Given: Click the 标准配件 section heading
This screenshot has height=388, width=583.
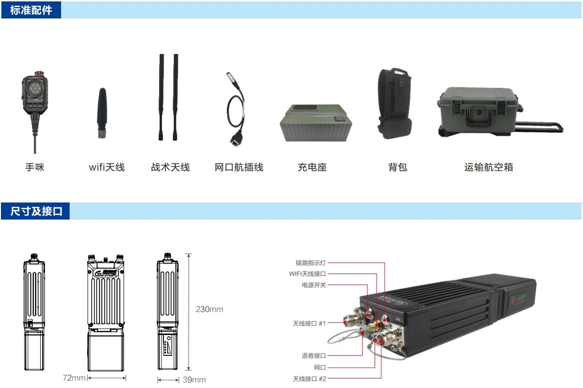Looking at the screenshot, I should [x=31, y=10].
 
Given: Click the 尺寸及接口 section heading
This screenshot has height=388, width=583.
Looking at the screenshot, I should [x=36, y=211].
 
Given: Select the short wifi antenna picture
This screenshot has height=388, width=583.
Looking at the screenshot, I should [x=101, y=112].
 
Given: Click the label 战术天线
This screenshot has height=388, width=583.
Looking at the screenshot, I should [x=171, y=167].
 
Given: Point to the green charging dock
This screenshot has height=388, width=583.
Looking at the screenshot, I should [x=315, y=123].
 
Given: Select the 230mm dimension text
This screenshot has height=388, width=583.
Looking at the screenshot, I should [x=209, y=309].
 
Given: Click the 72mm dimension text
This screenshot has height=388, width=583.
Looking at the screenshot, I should [x=74, y=378].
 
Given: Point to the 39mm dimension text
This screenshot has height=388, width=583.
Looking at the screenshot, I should [x=194, y=380].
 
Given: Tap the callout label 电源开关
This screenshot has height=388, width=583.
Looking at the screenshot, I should [x=314, y=285].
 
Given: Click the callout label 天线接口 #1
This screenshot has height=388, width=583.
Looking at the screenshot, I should [x=309, y=323].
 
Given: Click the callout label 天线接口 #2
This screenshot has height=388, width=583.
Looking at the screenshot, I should [x=309, y=379].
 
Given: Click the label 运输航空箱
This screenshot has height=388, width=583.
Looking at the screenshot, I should [x=488, y=167].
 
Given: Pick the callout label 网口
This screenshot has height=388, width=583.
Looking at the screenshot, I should [x=320, y=368].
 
